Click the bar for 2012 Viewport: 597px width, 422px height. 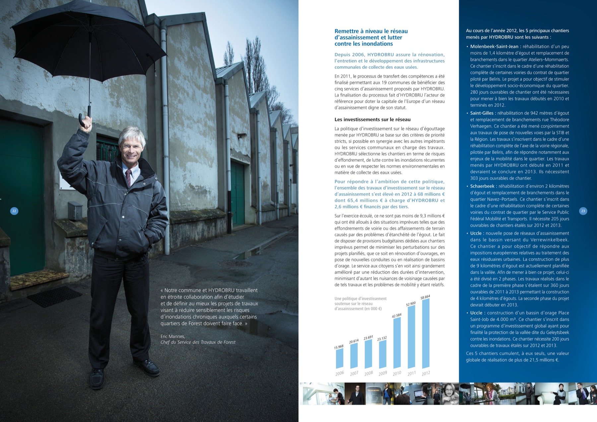click(426, 333)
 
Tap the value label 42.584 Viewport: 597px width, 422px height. click(397, 315)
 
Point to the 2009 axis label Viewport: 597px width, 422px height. click(383, 373)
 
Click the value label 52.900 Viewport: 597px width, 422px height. click(411, 304)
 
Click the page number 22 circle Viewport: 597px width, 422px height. click(14, 211)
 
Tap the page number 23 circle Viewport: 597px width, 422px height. click(583, 211)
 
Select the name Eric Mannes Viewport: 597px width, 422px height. click(173, 336)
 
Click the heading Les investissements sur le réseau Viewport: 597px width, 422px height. click(372, 119)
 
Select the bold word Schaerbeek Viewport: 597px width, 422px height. click(482, 186)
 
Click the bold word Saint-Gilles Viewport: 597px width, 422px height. click(482, 113)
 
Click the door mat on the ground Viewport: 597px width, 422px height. click(55, 296)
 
